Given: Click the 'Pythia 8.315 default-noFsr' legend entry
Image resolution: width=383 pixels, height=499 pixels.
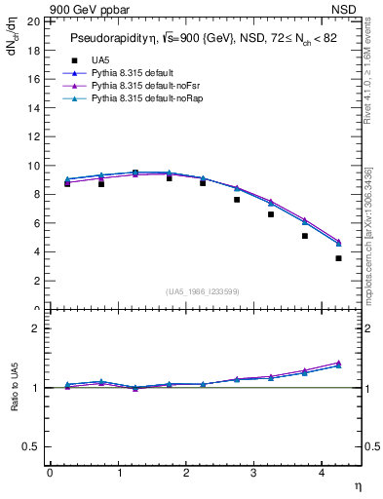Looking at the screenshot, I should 142,87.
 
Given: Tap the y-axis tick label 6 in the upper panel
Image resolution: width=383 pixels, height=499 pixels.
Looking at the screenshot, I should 36,223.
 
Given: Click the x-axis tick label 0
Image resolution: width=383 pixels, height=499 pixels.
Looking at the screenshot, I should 50,473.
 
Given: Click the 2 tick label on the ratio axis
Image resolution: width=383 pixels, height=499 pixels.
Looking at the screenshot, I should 36,328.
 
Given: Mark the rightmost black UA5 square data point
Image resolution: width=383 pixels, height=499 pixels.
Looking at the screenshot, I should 338,258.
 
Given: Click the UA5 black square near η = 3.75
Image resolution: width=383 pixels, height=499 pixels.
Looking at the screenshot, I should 305,236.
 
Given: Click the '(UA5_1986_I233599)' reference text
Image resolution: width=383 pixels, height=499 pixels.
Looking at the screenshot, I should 204,292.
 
